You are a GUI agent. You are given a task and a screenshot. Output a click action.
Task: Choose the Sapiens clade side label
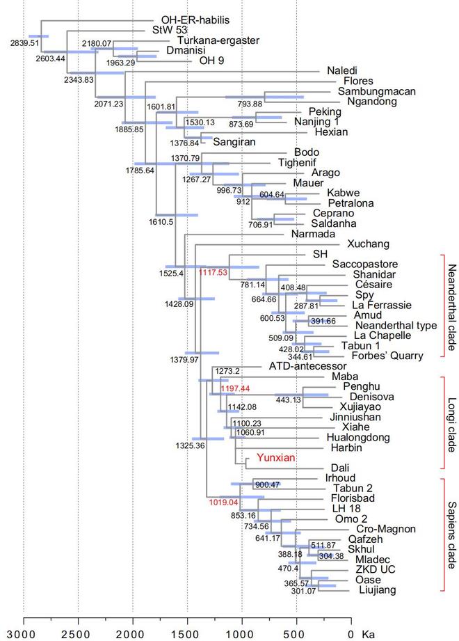(x=451, y=535)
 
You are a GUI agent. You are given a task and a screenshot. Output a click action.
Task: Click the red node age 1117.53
(x=214, y=273)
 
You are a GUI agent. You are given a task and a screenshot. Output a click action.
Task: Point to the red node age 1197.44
(x=234, y=388)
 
